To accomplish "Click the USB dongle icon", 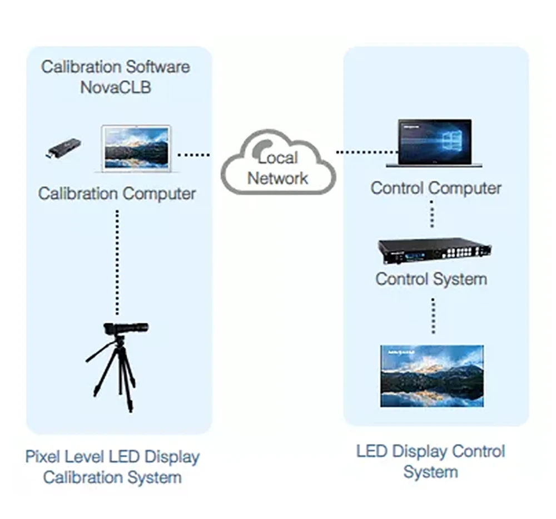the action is pyautogui.click(x=64, y=149).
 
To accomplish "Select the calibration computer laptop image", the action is pyautogui.click(x=136, y=149).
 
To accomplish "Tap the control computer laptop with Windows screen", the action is pyautogui.click(x=434, y=143).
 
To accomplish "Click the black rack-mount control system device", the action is pyautogui.click(x=435, y=251).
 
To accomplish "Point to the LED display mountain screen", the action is pyautogui.click(x=432, y=376).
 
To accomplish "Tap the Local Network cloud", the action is pyautogui.click(x=279, y=163).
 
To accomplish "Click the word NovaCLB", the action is pyautogui.click(x=116, y=88).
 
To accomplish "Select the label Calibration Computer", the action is pyautogui.click(x=117, y=194).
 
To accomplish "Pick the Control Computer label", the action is pyautogui.click(x=436, y=188).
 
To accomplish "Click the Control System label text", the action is pyautogui.click(x=431, y=279).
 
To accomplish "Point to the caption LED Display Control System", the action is pyautogui.click(x=431, y=462).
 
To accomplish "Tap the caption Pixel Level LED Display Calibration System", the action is pyautogui.click(x=112, y=467).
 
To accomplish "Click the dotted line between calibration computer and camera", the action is pyautogui.click(x=117, y=263).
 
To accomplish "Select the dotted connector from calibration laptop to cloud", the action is pyautogui.click(x=193, y=155).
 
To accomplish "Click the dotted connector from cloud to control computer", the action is pyautogui.click(x=367, y=152).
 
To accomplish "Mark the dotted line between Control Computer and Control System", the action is pyautogui.click(x=432, y=214).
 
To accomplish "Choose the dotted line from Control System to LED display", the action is pyautogui.click(x=433, y=316).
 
